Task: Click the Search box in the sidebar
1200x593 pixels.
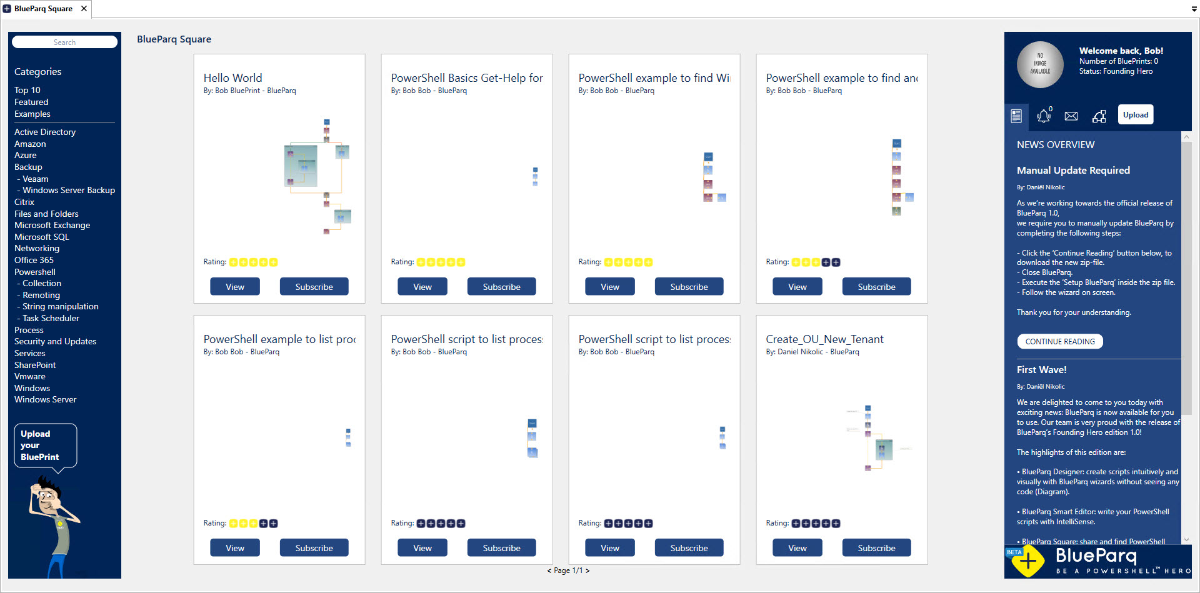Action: [x=64, y=42]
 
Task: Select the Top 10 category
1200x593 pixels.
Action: [x=27, y=90]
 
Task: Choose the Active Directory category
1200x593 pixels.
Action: [x=45, y=132]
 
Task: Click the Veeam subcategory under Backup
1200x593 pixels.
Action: [x=35, y=179]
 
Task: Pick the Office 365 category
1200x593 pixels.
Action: [x=34, y=260]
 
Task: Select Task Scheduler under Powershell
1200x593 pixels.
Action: [x=51, y=318]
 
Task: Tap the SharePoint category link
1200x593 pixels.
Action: [x=35, y=365]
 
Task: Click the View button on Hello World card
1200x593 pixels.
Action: [x=235, y=287]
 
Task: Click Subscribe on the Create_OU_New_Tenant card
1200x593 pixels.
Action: [x=876, y=548]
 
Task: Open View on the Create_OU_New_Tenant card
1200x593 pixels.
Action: [x=797, y=548]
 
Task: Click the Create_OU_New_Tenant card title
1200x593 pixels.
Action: [x=824, y=339]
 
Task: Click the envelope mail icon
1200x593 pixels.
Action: [x=1071, y=116]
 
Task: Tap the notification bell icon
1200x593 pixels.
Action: [x=1043, y=116]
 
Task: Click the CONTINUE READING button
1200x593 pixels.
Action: [x=1060, y=342]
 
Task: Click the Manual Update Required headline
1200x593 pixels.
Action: [x=1073, y=170]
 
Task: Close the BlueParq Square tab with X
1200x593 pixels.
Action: [x=84, y=9]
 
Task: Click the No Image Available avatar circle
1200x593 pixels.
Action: [x=1040, y=64]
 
